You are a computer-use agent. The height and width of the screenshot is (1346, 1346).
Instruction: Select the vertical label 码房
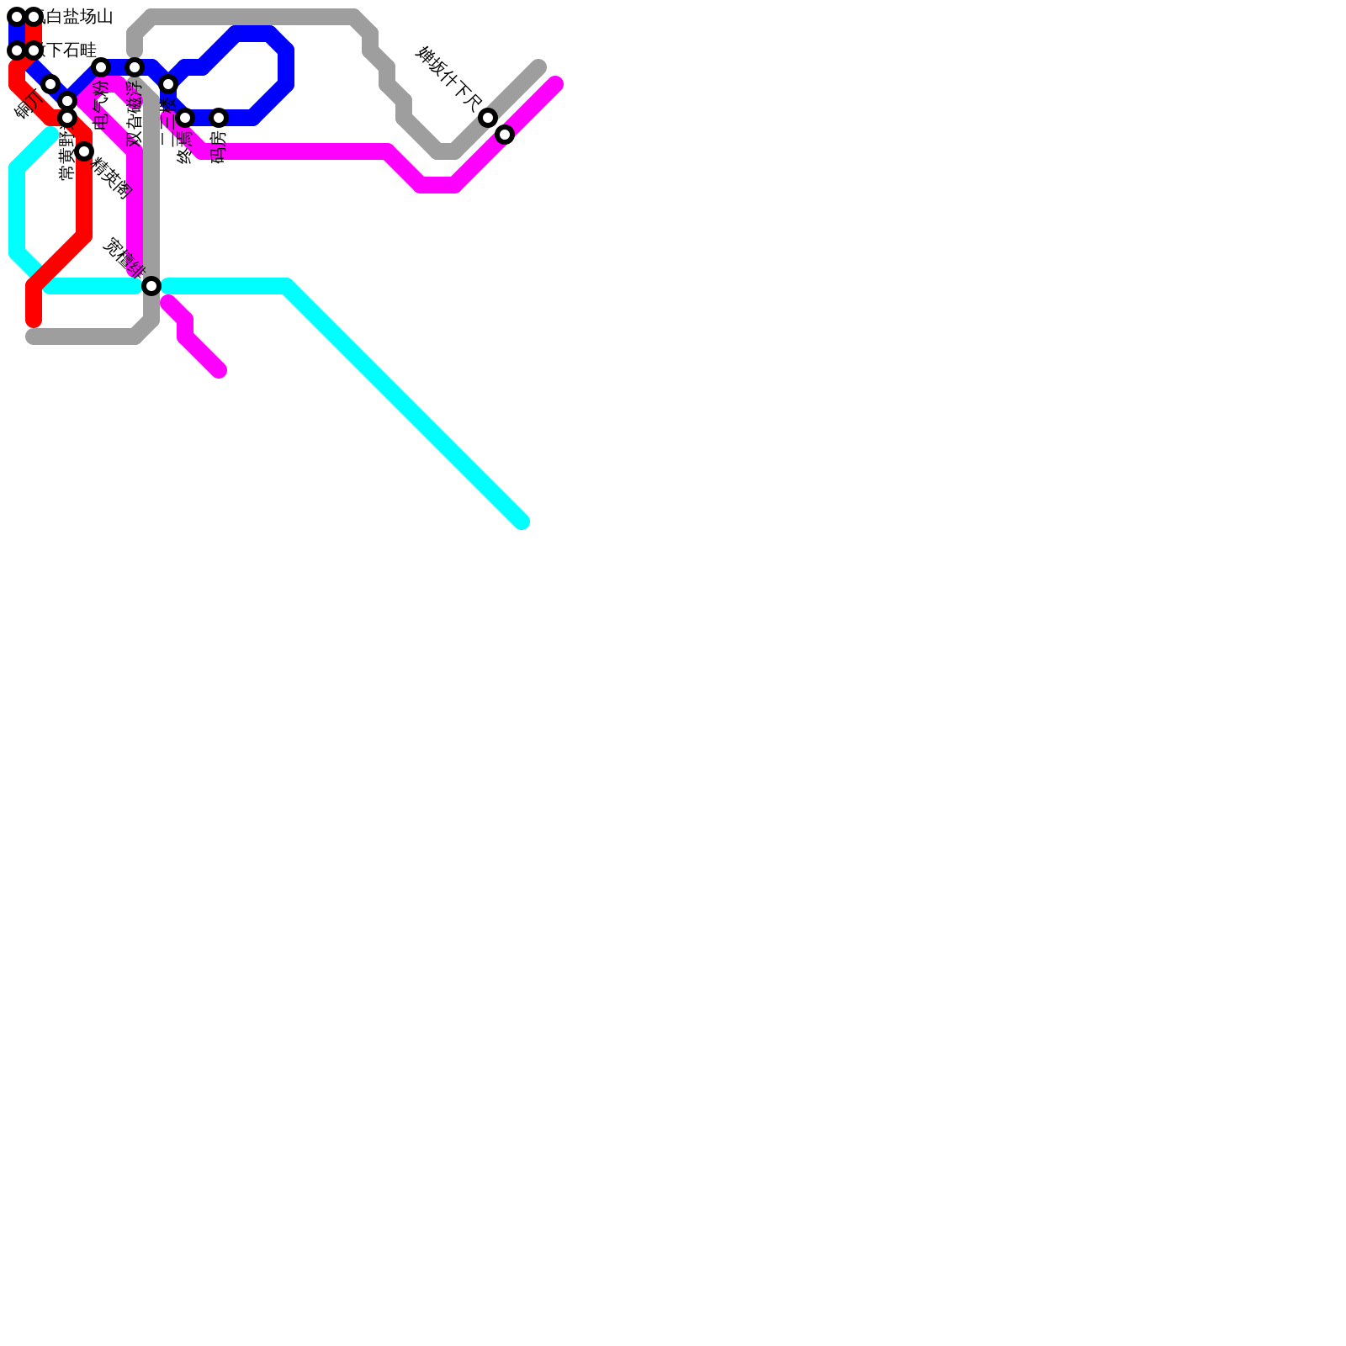(219, 146)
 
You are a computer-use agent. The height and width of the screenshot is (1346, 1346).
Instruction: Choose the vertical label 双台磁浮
(135, 114)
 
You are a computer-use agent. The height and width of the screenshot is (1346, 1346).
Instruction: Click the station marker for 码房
(219, 118)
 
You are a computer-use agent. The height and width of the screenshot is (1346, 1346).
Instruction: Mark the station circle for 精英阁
(84, 151)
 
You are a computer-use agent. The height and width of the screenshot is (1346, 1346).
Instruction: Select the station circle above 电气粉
(101, 67)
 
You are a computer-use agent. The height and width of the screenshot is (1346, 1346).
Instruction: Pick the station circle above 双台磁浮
(135, 67)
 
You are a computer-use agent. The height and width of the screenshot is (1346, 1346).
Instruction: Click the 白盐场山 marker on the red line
(34, 17)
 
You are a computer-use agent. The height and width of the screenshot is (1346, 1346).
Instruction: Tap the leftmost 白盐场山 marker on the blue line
(17, 17)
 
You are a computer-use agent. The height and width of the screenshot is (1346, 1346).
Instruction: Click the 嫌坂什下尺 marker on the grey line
(488, 118)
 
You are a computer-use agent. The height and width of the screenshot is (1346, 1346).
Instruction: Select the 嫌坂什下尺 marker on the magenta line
(505, 135)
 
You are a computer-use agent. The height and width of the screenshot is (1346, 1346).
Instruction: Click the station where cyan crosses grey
(151, 286)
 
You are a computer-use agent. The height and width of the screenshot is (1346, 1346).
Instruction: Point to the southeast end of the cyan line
(522, 522)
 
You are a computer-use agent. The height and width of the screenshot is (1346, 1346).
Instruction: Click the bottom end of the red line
(34, 321)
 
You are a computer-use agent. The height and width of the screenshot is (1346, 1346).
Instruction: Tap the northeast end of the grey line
(539, 67)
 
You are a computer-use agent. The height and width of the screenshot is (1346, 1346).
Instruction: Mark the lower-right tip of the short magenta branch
(219, 370)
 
